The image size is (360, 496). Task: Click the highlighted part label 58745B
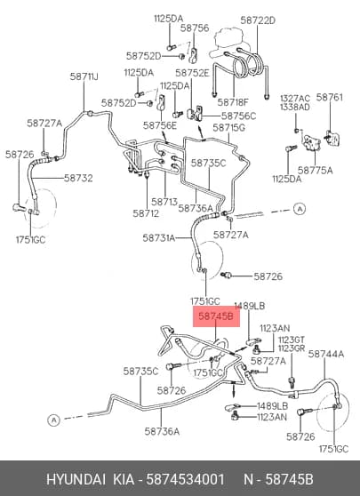pyautogui.click(x=216, y=316)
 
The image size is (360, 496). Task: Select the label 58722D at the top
pyautogui.click(x=258, y=20)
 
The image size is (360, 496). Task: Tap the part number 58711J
pyautogui.click(x=84, y=76)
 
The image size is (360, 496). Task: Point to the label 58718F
pyautogui.click(x=233, y=102)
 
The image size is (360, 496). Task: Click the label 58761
pyautogui.click(x=329, y=97)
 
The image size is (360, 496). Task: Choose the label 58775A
pyautogui.click(x=315, y=170)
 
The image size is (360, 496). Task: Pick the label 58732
pyautogui.click(x=78, y=178)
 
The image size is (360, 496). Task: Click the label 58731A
pyautogui.click(x=159, y=238)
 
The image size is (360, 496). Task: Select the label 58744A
pyautogui.click(x=326, y=354)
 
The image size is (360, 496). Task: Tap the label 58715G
pyautogui.click(x=229, y=128)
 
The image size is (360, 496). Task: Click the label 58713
pyautogui.click(x=164, y=202)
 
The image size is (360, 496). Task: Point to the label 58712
pyautogui.click(x=146, y=213)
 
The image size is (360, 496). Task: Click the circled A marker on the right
pyautogui.click(x=299, y=209)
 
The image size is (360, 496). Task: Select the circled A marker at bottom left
pyautogui.click(x=54, y=420)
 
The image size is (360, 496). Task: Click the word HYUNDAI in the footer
pyautogui.click(x=76, y=479)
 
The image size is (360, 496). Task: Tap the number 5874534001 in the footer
pyautogui.click(x=186, y=479)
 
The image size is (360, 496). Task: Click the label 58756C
pyautogui.click(x=238, y=116)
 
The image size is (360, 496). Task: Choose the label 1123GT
pyautogui.click(x=292, y=340)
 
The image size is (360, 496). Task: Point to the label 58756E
pyautogui.click(x=160, y=125)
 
